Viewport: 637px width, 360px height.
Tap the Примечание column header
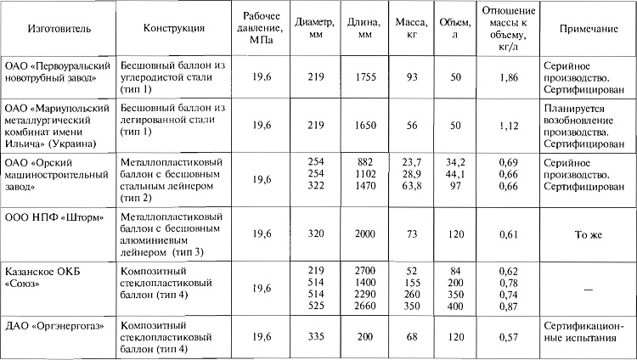tap(587, 28)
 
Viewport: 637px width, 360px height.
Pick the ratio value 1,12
tap(508, 125)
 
